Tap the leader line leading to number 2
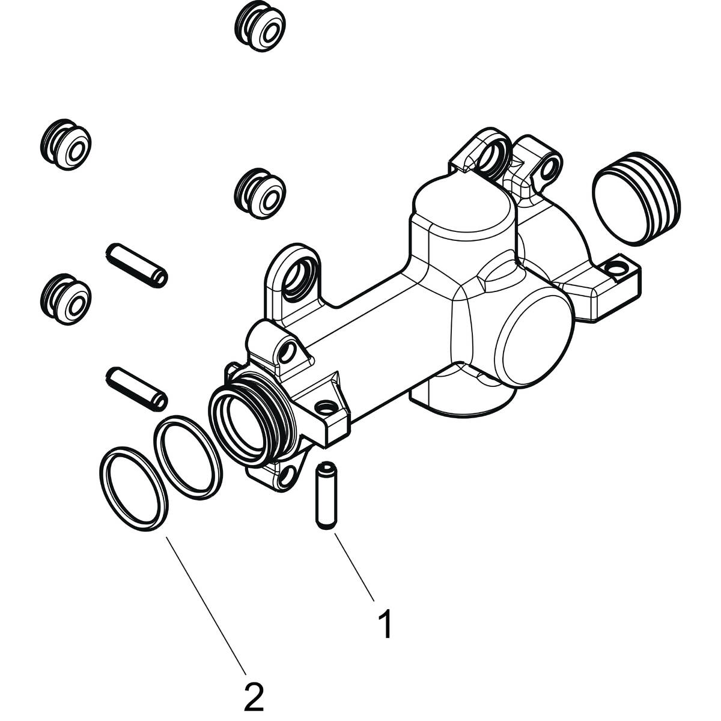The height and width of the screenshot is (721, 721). (204, 601)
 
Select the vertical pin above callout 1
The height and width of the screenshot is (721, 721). (325, 495)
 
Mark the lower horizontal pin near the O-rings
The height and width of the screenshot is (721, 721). (137, 389)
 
